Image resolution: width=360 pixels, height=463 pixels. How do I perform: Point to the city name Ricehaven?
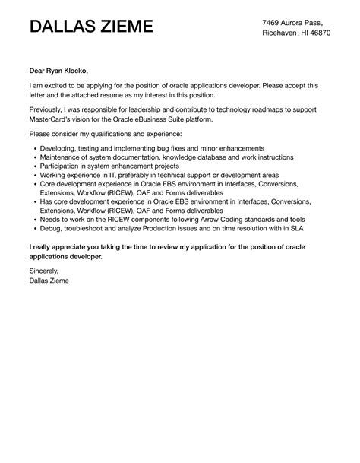[x=283, y=33]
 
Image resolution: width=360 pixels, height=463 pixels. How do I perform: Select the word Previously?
[x=49, y=111]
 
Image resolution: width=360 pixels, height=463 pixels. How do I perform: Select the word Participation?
[x=67, y=166]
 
